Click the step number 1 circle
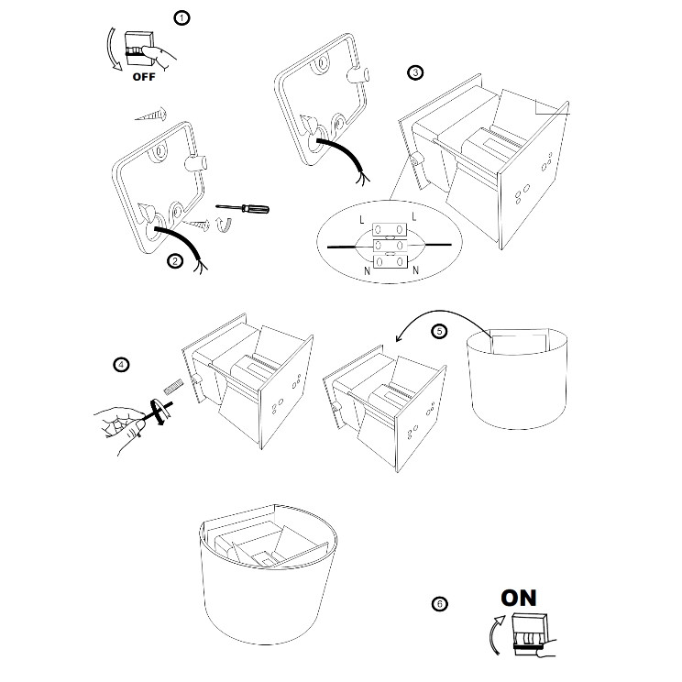(x=182, y=17)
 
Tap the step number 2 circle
(x=175, y=261)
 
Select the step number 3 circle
(x=416, y=72)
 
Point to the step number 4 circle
(x=121, y=364)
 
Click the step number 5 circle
(x=440, y=332)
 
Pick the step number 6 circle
(x=440, y=603)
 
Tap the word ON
(x=519, y=598)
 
